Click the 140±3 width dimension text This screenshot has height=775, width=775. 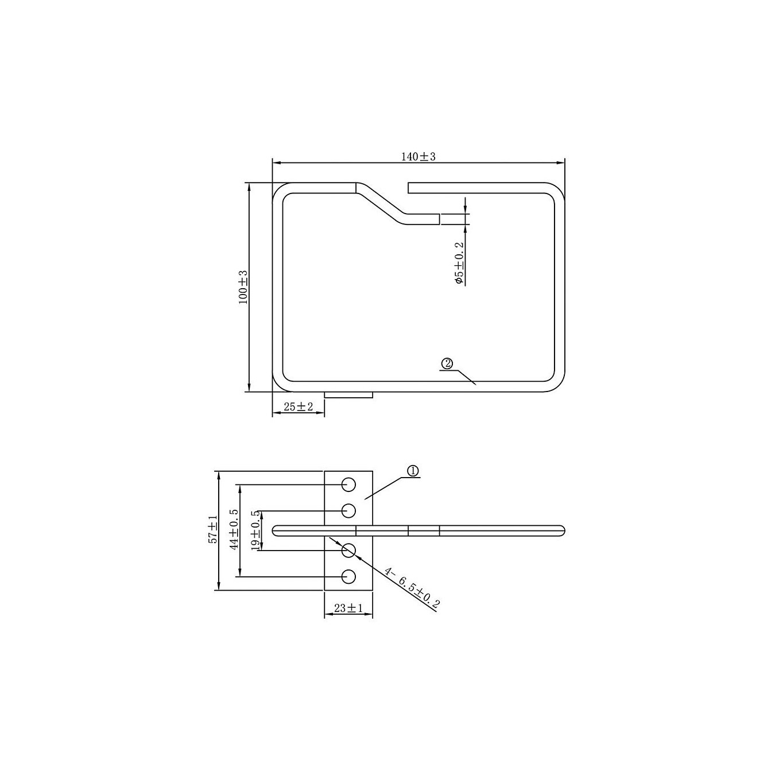418,157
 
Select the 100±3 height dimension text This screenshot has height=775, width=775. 243,287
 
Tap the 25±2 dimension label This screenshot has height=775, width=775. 298,406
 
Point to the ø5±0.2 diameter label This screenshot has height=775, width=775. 459,263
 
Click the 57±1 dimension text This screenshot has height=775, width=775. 212,529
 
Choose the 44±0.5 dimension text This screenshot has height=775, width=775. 234,529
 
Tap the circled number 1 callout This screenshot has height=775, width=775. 413,471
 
